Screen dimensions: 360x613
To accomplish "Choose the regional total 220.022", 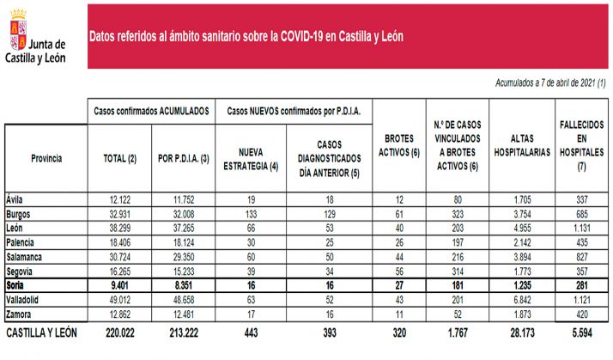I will (x=119, y=333).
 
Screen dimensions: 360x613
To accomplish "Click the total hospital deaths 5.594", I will (x=580, y=333).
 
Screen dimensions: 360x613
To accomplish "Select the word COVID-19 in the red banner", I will (x=302, y=37).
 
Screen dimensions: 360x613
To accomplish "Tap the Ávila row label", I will (x=15, y=198).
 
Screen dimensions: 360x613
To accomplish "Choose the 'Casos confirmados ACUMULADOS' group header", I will (x=150, y=111).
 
